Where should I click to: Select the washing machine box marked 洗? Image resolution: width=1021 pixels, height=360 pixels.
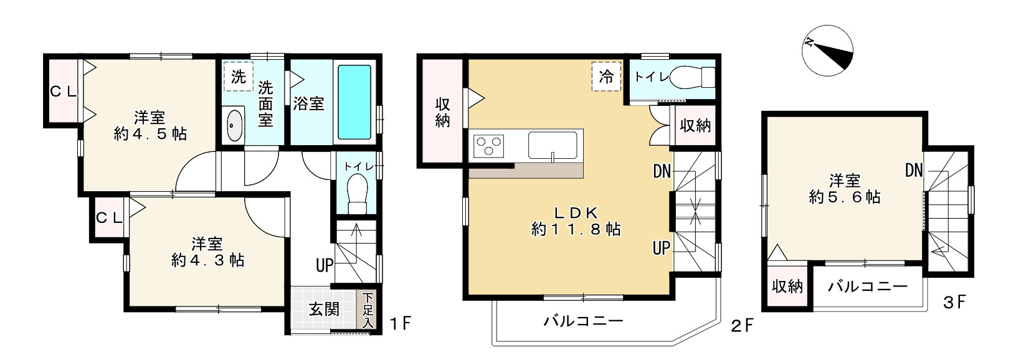[x=239, y=77]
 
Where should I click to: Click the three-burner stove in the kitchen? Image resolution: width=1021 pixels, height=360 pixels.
[x=489, y=148]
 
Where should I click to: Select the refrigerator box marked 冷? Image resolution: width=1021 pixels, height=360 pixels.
[x=606, y=77]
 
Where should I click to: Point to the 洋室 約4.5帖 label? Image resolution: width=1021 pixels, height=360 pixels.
[x=150, y=125]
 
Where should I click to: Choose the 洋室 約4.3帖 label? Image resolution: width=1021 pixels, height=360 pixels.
[x=207, y=251]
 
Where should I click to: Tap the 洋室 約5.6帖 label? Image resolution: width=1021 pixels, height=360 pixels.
[x=844, y=189]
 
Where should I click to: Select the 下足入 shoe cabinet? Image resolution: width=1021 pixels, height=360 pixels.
[x=368, y=310]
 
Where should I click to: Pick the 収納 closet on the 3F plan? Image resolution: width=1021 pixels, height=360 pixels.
[x=787, y=287]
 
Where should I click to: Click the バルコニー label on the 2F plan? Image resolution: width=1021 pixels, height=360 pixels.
[x=583, y=321]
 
